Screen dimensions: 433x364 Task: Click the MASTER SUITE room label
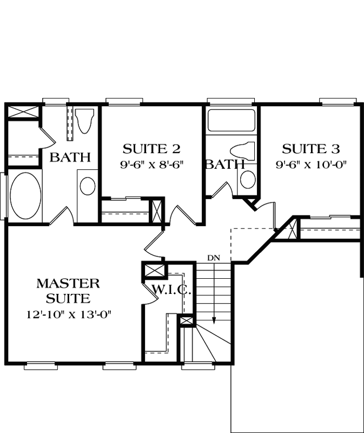click(x=68, y=290)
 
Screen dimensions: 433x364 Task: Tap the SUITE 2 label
click(x=151, y=148)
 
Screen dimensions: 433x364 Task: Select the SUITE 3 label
click(x=311, y=148)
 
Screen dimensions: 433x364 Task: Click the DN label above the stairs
click(x=214, y=257)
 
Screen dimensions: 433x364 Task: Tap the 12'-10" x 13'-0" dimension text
click(x=72, y=314)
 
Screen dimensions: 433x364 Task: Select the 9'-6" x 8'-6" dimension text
click(x=153, y=163)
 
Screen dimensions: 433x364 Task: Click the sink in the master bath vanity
click(x=88, y=186)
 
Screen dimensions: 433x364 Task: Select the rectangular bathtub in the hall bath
click(x=230, y=120)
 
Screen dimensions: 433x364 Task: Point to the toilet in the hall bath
click(x=241, y=150)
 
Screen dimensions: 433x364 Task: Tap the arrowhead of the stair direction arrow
click(x=214, y=320)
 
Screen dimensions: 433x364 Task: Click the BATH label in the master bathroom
click(x=70, y=158)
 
